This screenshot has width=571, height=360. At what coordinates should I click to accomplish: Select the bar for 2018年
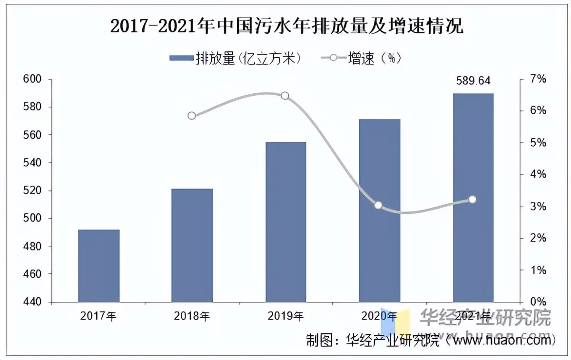(192, 245)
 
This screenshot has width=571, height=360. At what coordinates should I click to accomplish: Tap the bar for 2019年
(285, 222)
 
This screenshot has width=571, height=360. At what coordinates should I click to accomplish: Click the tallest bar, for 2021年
(473, 198)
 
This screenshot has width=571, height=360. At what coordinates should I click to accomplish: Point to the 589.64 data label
(473, 81)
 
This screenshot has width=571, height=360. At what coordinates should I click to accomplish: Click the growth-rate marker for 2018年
(192, 115)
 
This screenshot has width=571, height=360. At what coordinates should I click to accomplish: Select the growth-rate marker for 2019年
(285, 96)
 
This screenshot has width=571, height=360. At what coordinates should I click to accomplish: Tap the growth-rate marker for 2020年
(378, 205)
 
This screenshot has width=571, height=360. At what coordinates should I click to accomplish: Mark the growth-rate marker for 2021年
(472, 200)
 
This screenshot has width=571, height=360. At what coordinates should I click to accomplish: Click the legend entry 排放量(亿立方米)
(236, 58)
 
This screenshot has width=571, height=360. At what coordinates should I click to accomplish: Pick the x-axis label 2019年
(285, 316)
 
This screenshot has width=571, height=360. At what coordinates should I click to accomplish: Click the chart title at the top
(286, 27)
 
